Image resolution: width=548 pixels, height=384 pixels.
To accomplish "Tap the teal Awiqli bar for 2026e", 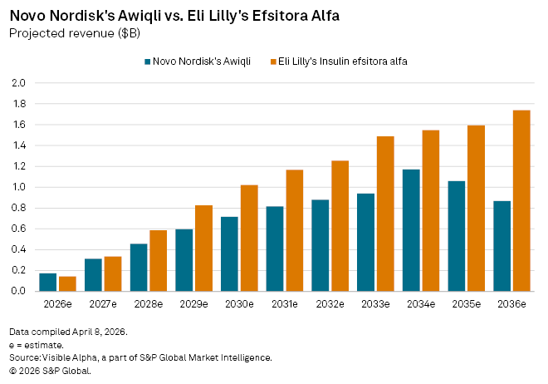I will [x=48, y=282].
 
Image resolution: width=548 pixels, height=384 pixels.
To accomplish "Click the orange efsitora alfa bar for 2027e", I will [x=113, y=273].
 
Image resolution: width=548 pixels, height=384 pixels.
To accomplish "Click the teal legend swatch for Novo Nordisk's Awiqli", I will [x=148, y=62].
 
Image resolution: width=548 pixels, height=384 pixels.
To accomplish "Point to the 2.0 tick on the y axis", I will [x=19, y=83].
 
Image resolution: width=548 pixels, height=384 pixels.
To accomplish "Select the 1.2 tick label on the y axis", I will [x=19, y=166].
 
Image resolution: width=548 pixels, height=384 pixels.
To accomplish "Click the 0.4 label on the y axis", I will [x=19, y=249].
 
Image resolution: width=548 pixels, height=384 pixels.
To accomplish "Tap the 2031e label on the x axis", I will [x=284, y=305].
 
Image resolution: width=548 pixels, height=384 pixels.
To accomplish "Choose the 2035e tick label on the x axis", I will [x=466, y=305].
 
